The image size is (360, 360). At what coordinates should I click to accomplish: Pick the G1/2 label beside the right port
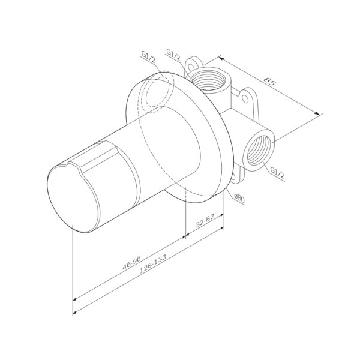coord(277,172)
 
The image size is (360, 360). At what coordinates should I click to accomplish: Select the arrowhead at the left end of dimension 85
coord(220,59)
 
